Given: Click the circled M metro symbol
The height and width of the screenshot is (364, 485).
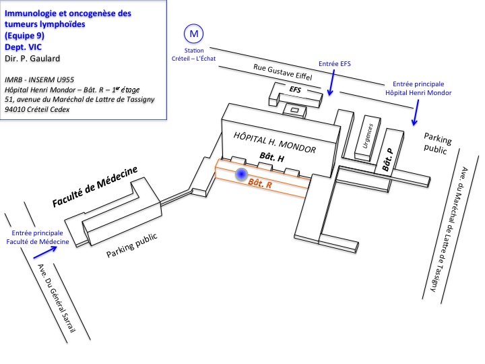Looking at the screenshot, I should coord(194,34).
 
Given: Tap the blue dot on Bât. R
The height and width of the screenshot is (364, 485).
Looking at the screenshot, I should coord(240,175).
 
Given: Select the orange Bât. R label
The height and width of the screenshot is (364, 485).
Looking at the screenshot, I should coord(261,183).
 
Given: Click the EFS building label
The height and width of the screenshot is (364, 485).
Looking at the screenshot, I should coord(295,89).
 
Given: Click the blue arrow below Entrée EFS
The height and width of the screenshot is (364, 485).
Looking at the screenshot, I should coord(329,86).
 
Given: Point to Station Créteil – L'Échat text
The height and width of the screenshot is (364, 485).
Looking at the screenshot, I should coord(194,55).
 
